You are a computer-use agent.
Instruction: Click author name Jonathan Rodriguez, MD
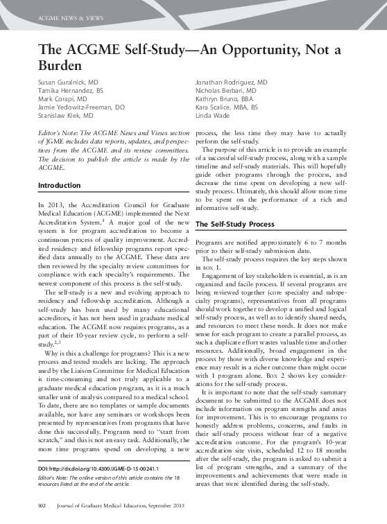[x=236, y=82]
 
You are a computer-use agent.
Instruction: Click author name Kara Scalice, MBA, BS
[x=227, y=108]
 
